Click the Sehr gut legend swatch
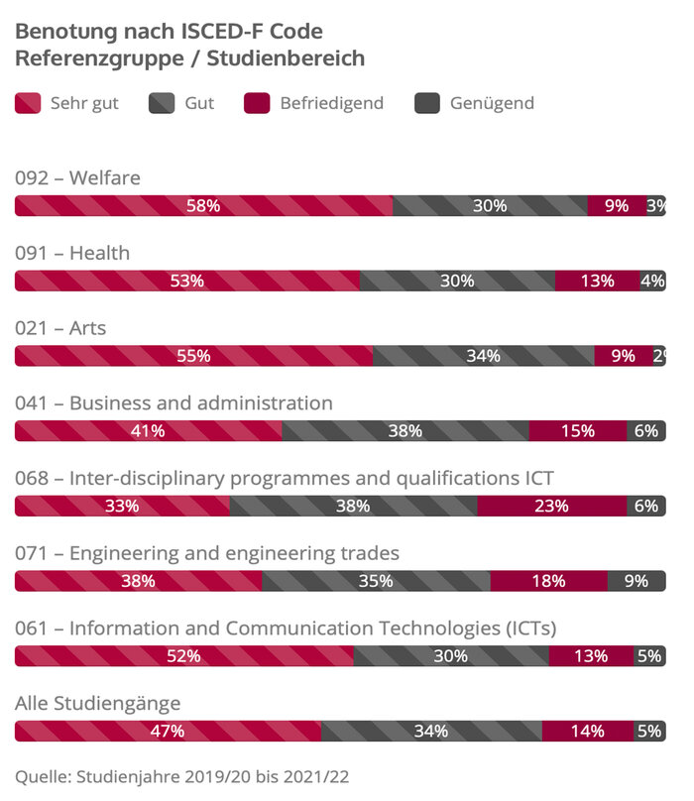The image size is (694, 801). coord(28,103)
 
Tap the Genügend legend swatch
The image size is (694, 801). coord(427,103)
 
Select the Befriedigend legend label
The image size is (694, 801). coord(331,103)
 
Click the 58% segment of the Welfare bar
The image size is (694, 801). coord(203,206)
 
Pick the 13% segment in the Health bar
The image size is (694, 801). coord(597,281)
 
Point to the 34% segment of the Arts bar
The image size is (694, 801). coord(483,356)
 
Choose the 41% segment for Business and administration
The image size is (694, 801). coord(148,431)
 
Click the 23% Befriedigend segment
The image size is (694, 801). coord(551,506)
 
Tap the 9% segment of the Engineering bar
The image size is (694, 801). coord(636,581)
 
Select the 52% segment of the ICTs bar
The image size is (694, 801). coord(183,655)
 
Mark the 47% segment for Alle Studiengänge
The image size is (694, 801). coord(168,732)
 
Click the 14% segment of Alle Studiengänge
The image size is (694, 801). coord(587,732)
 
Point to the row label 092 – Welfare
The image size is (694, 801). coord(77,178)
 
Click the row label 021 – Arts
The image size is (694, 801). coord(60,328)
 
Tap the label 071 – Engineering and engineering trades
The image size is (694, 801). coord(206,553)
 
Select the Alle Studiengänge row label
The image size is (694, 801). coord(97,704)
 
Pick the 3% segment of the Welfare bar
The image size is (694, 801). coord(655,206)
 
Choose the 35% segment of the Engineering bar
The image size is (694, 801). coord(376,581)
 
